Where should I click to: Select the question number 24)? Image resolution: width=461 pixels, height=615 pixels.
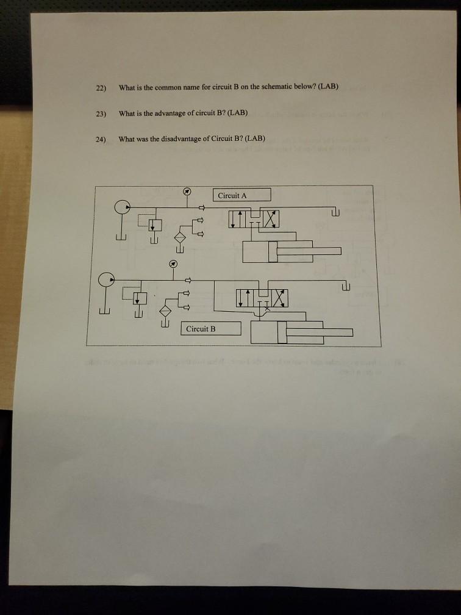pyautogui.click(x=101, y=139)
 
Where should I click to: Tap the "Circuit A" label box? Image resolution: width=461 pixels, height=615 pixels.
pyautogui.click(x=241, y=195)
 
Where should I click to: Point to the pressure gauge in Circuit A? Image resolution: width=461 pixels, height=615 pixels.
pyautogui.click(x=187, y=191)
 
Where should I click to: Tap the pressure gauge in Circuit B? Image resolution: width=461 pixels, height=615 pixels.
pyautogui.click(x=173, y=264)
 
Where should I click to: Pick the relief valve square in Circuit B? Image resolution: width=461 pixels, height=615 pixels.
pyautogui.click(x=140, y=298)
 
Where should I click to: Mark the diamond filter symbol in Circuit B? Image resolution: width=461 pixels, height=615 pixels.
pyautogui.click(x=165, y=311)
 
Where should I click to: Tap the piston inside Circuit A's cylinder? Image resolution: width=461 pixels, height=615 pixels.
pyautogui.click(x=274, y=251)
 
